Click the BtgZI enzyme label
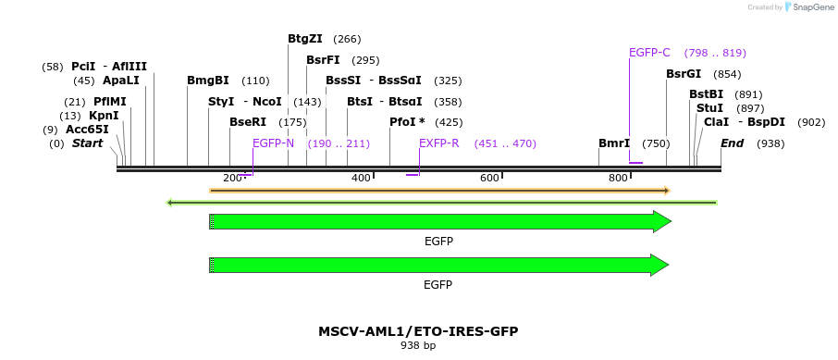coord(304,39)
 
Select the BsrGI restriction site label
coord(684,74)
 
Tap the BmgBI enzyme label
coord(207,81)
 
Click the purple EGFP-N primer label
coord(273,143)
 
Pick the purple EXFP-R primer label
coord(438,143)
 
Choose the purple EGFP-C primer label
coord(649,53)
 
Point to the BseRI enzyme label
coord(247,122)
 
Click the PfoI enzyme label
coord(407,122)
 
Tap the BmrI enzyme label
coord(613,143)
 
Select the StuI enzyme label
coord(709,108)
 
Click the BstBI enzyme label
coord(706,94)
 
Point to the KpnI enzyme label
coord(104,116)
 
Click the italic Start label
coord(87,143)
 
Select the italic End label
coord(732,143)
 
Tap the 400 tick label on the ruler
coord(361,178)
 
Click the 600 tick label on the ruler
coord(489,178)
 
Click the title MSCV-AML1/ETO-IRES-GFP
coord(418,330)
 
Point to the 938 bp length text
coord(418,345)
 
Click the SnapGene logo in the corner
coord(804,7)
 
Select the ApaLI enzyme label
coord(120,81)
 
